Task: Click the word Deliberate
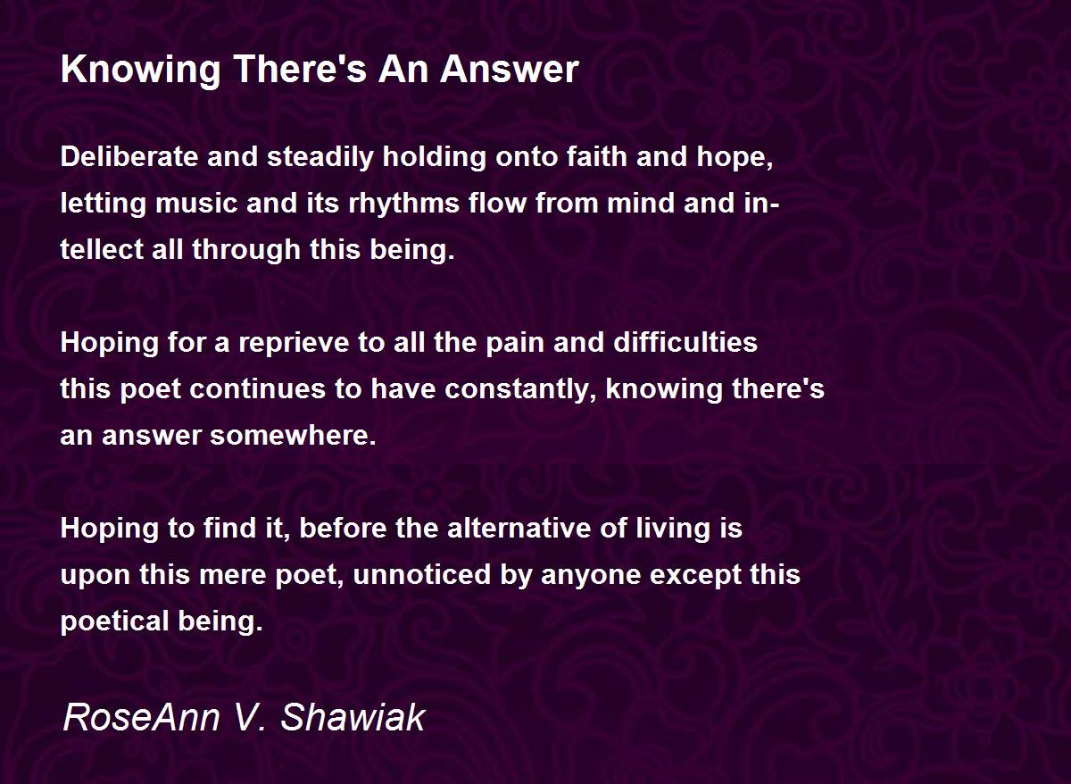pos(129,156)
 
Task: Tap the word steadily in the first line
pos(320,158)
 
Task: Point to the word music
pos(196,203)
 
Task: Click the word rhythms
pos(404,204)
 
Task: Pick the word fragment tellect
pos(102,249)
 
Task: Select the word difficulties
pos(685,342)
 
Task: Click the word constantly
pos(520,390)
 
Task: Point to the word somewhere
pos(293,435)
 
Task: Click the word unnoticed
pos(422,574)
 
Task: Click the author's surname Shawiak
pos(353,716)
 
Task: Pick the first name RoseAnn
pos(141,716)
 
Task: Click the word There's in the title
pos(300,70)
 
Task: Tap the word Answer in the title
pos(510,70)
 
